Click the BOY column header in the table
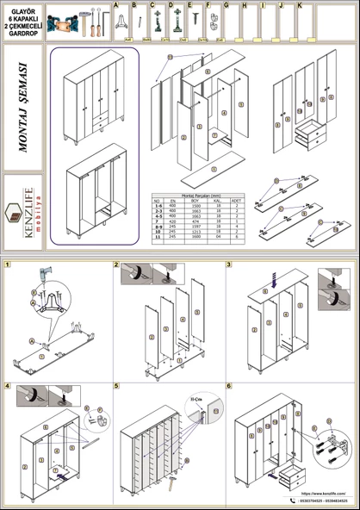196,202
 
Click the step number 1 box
8,265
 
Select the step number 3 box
229,265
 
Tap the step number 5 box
118,387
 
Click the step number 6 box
229,387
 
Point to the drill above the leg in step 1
38,280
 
